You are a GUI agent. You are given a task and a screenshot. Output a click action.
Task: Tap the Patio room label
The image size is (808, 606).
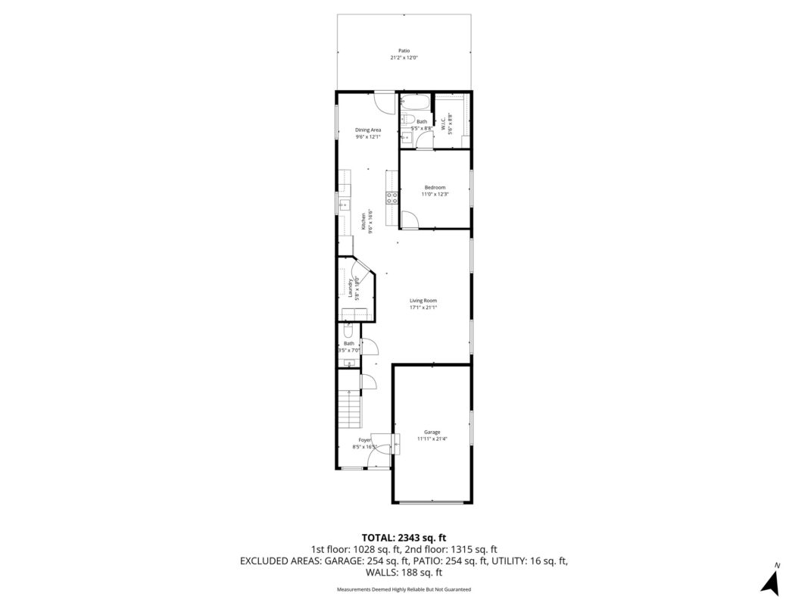click(x=404, y=51)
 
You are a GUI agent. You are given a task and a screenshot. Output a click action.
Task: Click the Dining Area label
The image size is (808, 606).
click(x=368, y=130)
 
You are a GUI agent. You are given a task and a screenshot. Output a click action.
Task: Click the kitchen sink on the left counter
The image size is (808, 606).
click(x=342, y=203)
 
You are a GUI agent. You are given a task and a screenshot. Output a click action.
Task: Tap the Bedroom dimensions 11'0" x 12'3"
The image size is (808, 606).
click(x=435, y=195)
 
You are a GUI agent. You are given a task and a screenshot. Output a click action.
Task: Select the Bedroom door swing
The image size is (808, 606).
click(x=409, y=220)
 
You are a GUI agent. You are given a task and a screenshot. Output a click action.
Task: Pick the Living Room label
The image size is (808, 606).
click(x=423, y=301)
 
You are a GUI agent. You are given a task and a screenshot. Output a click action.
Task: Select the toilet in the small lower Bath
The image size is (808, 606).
click(x=348, y=331)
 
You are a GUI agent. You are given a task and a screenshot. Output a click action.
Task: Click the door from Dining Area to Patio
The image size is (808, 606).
click(x=385, y=102)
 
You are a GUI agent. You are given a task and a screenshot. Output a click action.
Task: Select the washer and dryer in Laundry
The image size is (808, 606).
click(x=357, y=314)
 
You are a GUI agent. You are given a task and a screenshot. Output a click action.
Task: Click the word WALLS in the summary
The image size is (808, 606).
click(x=384, y=573)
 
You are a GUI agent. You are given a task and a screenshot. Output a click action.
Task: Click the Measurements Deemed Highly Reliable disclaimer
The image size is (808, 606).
click(x=404, y=589)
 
